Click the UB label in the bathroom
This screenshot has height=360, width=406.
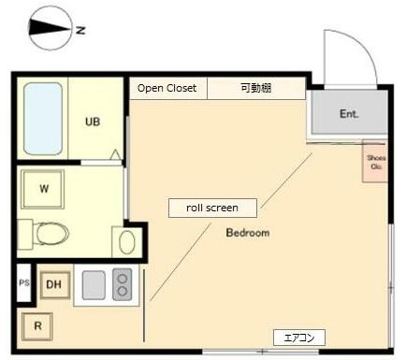[x=93, y=122]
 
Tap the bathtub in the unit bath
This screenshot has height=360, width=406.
[x=43, y=119]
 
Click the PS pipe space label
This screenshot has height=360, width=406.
[x=24, y=283]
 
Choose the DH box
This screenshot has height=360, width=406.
[x=54, y=285]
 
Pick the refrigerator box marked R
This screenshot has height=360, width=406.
[x=38, y=326]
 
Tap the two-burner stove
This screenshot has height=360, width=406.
[x=122, y=283]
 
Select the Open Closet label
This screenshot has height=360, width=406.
[x=167, y=89]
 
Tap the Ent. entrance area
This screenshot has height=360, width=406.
[x=349, y=114]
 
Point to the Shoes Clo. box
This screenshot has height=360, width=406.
[x=376, y=163]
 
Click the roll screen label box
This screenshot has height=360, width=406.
[x=212, y=208]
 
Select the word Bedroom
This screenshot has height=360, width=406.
[x=248, y=233]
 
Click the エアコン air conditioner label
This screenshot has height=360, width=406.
[x=298, y=337]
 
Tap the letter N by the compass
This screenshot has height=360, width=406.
[x=81, y=31]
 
